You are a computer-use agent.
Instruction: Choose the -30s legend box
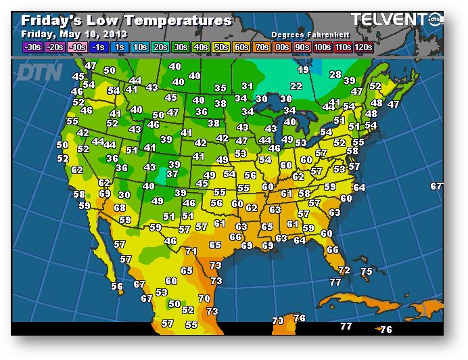[32, 47]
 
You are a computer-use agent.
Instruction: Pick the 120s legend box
[363, 47]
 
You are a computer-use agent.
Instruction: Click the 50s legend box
[221, 47]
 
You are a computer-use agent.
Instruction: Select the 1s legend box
[118, 47]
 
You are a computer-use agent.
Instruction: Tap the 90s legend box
[302, 47]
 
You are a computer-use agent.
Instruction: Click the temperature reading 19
[303, 70]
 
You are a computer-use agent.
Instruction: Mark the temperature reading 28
[335, 74]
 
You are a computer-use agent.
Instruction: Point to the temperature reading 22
[296, 86]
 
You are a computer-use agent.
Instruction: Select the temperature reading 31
[248, 86]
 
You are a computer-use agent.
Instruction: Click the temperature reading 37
[172, 174]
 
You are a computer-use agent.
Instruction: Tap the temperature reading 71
[191, 251]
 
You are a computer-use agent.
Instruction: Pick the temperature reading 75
[367, 271]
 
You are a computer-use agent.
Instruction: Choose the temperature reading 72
[344, 270]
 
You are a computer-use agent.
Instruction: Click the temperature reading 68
[120, 208]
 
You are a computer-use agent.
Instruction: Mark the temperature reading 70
[204, 298]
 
